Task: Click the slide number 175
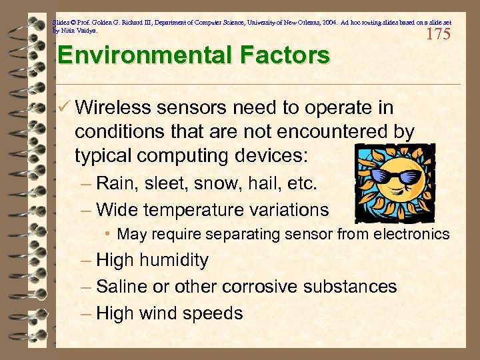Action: click(x=438, y=35)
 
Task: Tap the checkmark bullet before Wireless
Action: click(x=64, y=108)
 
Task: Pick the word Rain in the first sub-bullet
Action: click(x=113, y=183)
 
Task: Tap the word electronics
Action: click(x=413, y=234)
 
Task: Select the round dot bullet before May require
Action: click(x=108, y=235)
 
